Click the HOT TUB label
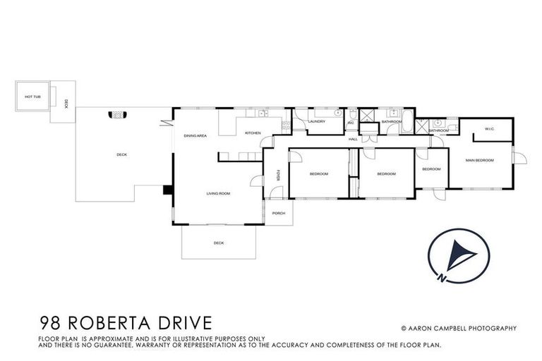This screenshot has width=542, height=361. (32, 97)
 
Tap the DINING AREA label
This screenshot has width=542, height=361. (195, 135)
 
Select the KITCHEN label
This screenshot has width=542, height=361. (253, 133)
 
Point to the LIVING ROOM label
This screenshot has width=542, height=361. (218, 193)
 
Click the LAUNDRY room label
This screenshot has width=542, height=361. (316, 121)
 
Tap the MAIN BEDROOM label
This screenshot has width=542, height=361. (479, 161)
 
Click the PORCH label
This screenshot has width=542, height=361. (279, 213)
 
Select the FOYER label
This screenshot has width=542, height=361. (278, 174)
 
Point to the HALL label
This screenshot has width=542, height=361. (353, 139)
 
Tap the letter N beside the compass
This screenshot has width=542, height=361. (441, 276)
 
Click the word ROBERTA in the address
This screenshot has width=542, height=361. (116, 324)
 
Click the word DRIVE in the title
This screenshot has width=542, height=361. (185, 324)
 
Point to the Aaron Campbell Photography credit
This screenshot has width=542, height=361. (459, 328)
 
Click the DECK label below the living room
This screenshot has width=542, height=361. (219, 243)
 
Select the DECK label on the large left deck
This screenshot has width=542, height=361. (121, 154)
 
